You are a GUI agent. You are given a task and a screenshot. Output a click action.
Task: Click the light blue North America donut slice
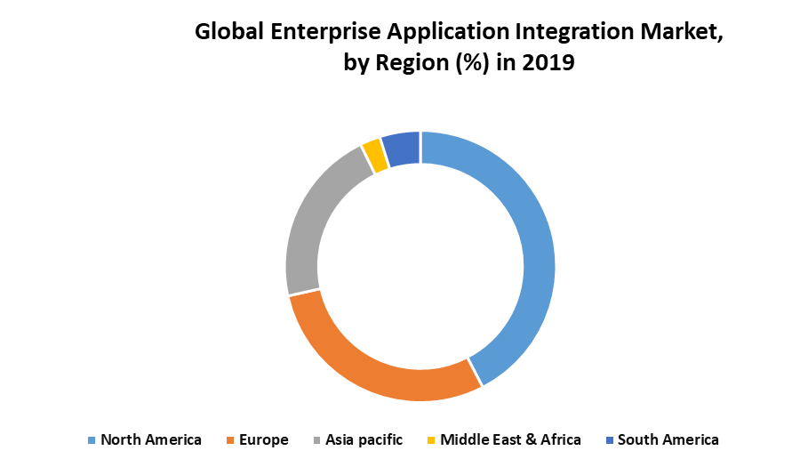[539, 258]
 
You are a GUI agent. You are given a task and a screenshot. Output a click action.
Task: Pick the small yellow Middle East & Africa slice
[374, 156]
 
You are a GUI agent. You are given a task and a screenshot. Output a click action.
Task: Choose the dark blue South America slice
[402, 149]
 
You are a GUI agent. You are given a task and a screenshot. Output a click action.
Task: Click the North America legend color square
[91, 440]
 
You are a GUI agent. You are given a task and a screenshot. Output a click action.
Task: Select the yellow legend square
[431, 440]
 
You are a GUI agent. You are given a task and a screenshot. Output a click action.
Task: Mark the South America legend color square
[609, 440]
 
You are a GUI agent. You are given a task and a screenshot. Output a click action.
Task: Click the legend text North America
[151, 439]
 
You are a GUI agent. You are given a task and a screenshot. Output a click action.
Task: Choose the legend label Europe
[263, 439]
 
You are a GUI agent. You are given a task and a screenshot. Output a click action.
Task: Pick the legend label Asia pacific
[364, 439]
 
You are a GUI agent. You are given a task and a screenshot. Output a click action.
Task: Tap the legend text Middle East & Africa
[510, 439]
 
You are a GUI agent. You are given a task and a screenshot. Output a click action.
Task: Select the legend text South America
[668, 439]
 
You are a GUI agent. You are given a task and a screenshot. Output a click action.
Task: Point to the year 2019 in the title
[550, 64]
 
